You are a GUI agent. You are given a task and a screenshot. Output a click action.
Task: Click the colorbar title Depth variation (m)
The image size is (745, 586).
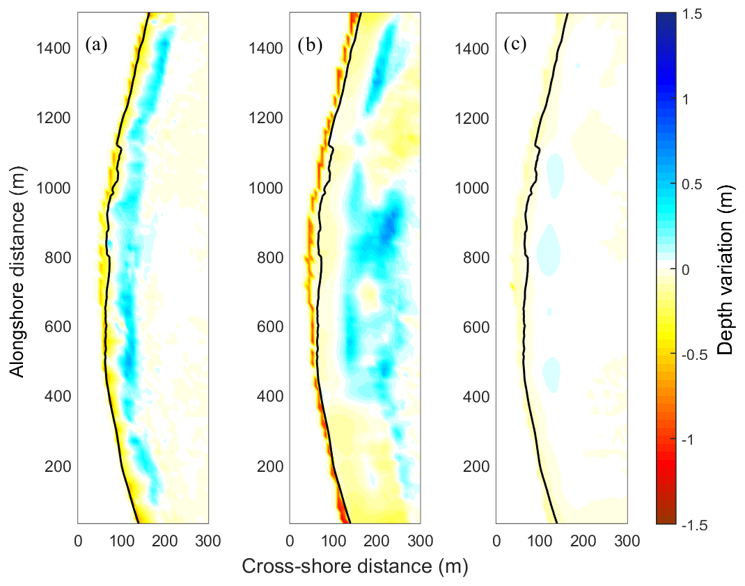click(x=728, y=269)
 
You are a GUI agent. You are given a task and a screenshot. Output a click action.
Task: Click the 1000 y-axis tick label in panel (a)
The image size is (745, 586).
click(x=52, y=188)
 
